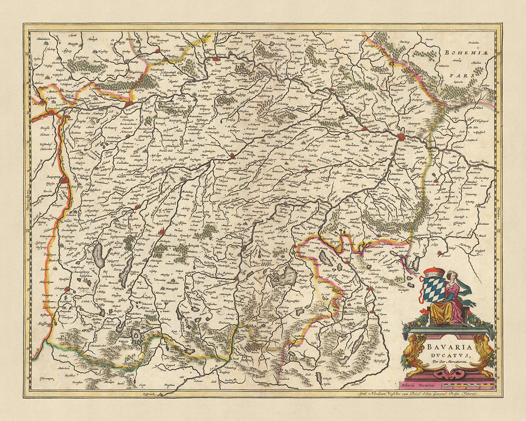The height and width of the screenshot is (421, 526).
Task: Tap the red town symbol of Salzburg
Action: (x=369, y=288)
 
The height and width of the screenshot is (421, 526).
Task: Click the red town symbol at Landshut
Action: (x=233, y=156)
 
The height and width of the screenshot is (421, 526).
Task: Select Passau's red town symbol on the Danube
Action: (x=401, y=137)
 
